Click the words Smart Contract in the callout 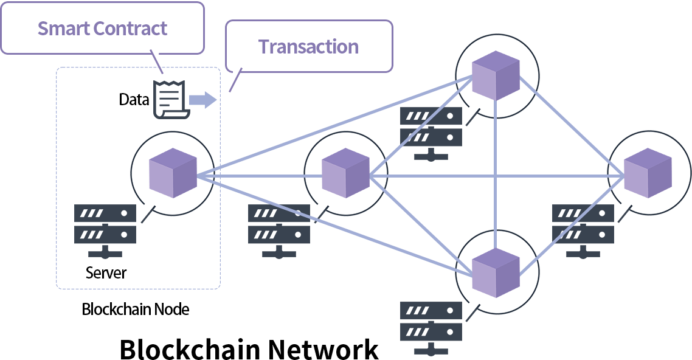(x=102, y=29)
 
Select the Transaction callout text (x=308, y=47)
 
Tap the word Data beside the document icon (x=134, y=100)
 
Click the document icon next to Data (x=168, y=99)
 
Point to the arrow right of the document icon (x=202, y=100)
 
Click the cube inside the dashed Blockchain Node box (x=173, y=173)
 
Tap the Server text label (x=106, y=272)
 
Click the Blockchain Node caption (x=136, y=309)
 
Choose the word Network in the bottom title (x=324, y=350)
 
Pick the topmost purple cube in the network (x=496, y=76)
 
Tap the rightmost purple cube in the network (x=648, y=173)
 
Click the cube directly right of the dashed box (x=345, y=173)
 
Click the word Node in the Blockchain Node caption (x=172, y=309)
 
